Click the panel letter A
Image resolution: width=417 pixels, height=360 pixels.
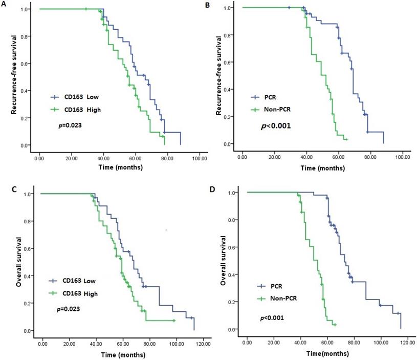(5, 5)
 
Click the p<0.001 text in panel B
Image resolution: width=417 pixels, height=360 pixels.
(276, 124)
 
